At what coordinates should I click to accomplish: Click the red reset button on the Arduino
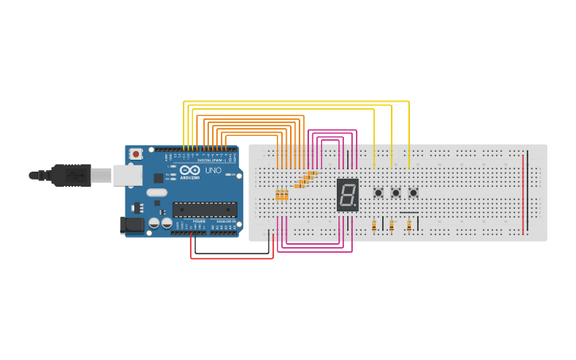point(136,154)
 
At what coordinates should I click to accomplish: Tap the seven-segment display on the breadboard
point(347,194)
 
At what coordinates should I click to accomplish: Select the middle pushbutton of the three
point(396,192)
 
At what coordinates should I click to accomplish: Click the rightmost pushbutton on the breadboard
point(413,192)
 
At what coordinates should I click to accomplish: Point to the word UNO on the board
point(214,171)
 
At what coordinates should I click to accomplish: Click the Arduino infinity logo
point(190,169)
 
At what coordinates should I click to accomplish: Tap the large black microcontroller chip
point(204,210)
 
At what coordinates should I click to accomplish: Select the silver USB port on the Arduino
point(127,175)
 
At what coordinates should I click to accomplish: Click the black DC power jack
point(132,226)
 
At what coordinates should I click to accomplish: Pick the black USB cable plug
point(72,175)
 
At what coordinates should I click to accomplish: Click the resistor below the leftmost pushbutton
point(374,226)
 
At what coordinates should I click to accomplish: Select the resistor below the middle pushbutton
point(391,226)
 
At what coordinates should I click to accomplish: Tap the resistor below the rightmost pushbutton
point(409,226)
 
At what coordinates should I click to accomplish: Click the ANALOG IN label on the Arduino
point(224,221)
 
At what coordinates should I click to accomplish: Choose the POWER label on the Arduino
point(199,221)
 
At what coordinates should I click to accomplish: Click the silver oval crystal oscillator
point(157,192)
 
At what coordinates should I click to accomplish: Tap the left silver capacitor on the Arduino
point(154,223)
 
